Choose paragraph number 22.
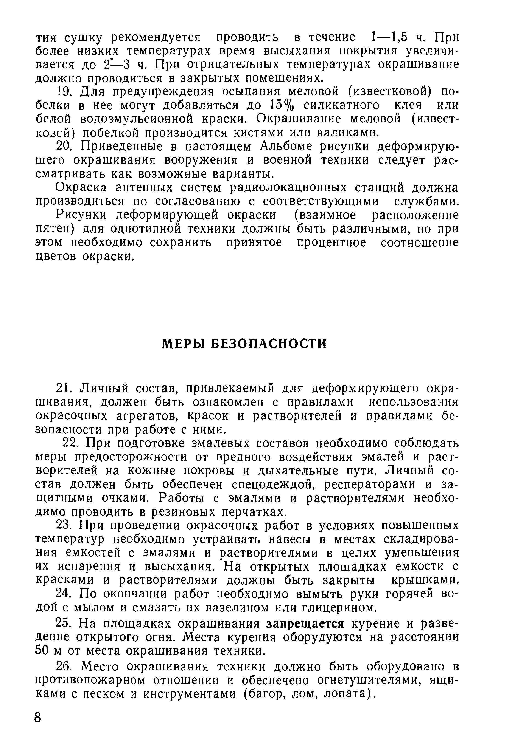pos(71,443)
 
